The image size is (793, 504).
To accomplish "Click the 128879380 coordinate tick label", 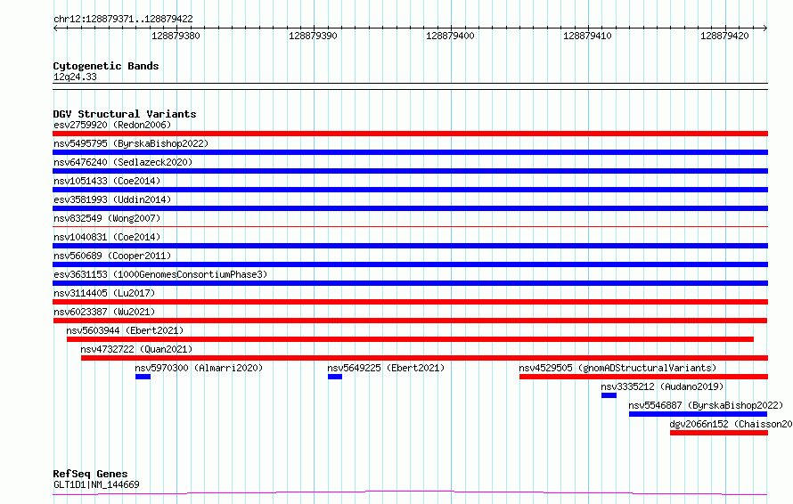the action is point(176,36).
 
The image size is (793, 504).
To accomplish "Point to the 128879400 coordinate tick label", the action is point(450,36).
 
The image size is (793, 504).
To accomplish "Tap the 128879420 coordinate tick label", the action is point(724,36).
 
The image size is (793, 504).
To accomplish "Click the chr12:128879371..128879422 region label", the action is point(123,20).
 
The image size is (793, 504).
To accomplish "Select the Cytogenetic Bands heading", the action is point(106,66).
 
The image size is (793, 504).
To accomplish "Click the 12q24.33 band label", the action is point(75,77).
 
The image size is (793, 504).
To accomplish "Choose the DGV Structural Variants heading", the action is point(125,114).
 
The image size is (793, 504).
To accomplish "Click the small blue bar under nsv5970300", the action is point(143,377).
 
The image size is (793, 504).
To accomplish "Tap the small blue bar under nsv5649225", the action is point(335,377).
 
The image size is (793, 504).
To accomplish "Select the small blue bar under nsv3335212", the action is point(609,395).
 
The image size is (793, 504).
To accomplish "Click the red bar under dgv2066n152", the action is point(719,433).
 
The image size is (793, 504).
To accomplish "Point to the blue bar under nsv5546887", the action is point(698,414).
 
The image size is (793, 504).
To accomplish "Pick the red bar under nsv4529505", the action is point(643,377).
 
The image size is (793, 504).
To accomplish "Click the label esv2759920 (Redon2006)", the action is point(112,125).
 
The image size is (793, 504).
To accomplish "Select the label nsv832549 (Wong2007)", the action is point(107,218).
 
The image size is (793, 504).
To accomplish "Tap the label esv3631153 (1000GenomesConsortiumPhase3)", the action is point(160,274).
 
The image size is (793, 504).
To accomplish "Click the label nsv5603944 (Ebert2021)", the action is point(125,330).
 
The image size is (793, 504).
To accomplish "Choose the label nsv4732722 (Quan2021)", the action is point(136,349).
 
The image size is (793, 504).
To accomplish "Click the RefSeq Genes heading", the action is point(90,474).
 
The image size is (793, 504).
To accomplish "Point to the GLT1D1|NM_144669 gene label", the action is point(96,484).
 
